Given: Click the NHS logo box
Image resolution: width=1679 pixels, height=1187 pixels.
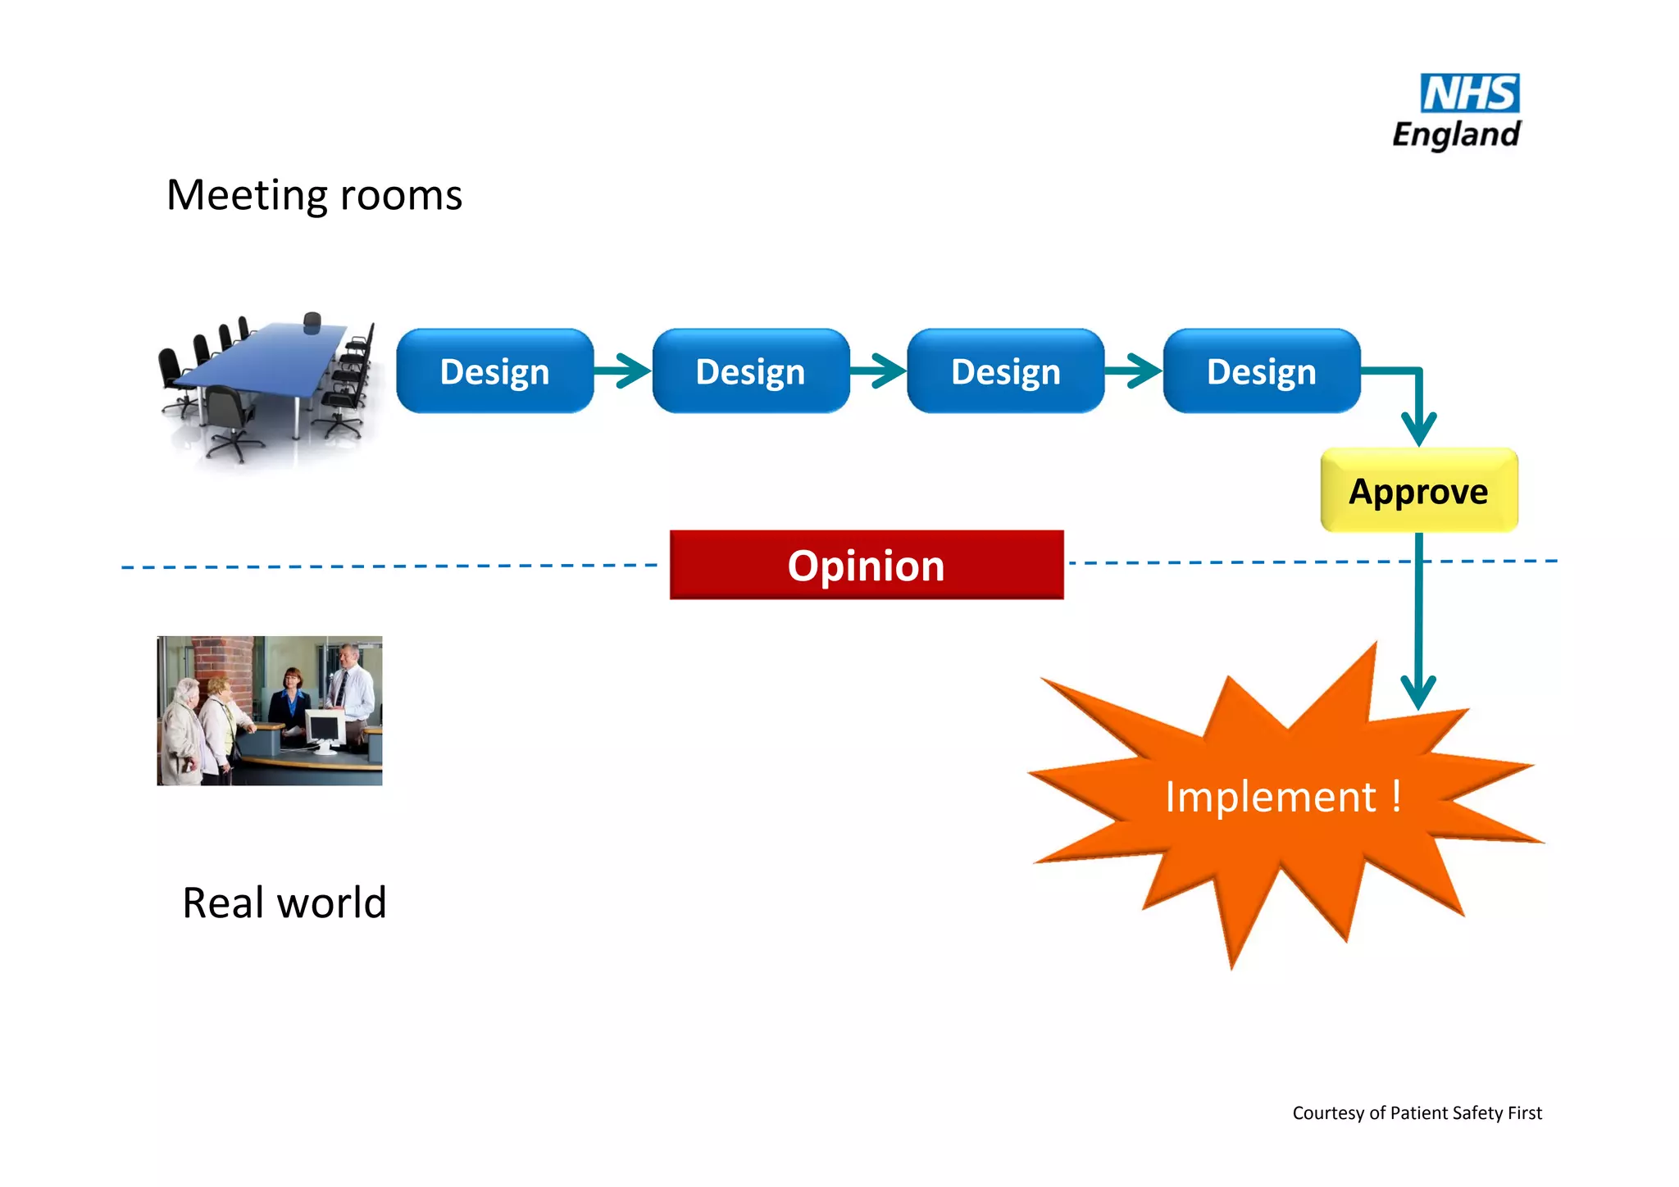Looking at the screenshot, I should pos(1469,93).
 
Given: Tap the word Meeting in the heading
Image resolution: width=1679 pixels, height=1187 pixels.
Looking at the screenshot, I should pos(246,196).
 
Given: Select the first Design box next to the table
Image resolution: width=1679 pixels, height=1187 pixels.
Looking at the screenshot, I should pos(494,371).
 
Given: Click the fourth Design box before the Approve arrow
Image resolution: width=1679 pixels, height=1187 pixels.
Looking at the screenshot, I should pos(1261,371).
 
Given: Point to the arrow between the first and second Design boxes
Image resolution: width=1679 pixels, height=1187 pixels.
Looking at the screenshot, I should pos(622,371).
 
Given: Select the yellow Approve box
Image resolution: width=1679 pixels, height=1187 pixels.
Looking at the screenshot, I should pos(1419,491).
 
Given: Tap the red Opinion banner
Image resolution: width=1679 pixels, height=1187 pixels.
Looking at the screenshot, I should pos(866,566).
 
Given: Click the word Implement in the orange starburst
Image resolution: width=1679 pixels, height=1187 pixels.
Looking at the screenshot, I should pos(1270,798).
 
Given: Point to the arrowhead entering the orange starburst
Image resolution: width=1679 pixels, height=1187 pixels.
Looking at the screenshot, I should pos(1418,692).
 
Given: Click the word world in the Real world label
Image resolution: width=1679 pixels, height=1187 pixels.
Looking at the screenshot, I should pos(331,903).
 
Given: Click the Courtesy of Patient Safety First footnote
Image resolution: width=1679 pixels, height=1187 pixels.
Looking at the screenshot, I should pos(1417,1113).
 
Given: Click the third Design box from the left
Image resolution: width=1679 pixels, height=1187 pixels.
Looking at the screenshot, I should pos(1005,371).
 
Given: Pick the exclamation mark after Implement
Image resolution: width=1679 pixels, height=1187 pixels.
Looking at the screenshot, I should pos(1396,796).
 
